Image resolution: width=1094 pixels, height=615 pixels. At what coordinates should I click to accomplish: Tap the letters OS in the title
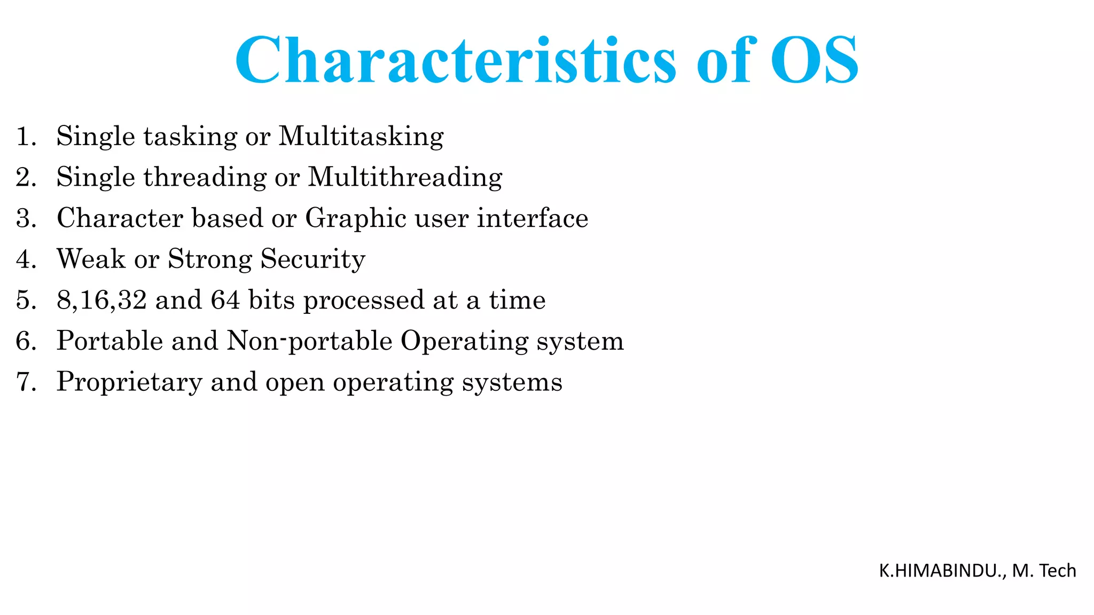(x=814, y=60)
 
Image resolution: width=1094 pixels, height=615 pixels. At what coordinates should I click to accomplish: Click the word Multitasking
(x=361, y=137)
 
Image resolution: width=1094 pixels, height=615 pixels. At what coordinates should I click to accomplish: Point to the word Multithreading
(x=405, y=178)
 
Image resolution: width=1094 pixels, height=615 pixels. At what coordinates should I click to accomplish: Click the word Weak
(x=91, y=259)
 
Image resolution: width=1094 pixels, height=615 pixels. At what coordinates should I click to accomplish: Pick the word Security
(x=312, y=260)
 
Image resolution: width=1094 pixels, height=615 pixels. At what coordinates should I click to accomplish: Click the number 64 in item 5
(x=225, y=301)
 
